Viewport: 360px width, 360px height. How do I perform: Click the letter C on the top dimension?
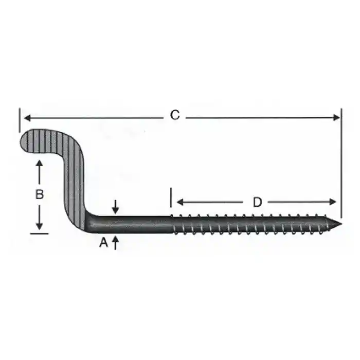175,116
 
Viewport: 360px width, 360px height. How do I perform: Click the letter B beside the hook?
39,194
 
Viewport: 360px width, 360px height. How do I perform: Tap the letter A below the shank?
103,243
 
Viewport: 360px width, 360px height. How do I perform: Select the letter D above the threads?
257,202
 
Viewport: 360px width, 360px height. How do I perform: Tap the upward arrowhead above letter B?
40,164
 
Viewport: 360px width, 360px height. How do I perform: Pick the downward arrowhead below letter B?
40,226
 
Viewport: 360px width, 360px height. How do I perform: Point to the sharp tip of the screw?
339,224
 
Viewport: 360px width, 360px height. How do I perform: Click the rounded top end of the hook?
25,140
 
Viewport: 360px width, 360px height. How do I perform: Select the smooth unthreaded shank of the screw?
134,223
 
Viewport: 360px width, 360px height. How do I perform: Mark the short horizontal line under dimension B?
39,233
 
